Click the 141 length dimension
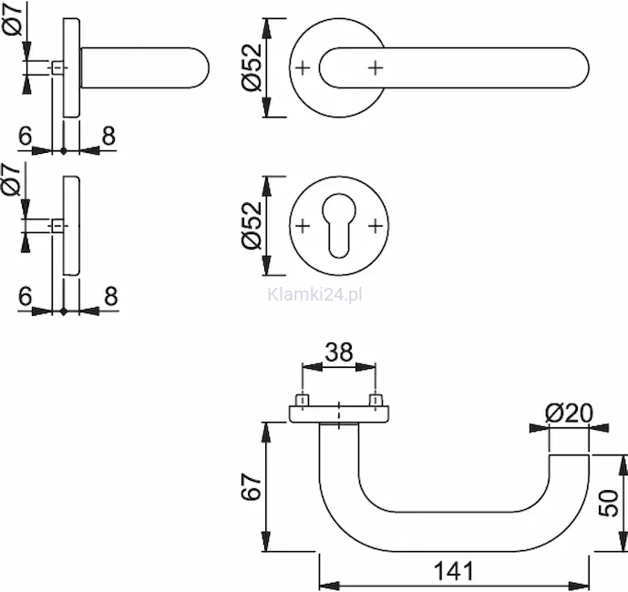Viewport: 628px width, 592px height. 454,570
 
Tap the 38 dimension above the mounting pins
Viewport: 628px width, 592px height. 339,352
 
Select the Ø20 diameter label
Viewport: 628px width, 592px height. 569,413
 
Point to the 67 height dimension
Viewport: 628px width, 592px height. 252,486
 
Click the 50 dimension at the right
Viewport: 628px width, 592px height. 608,503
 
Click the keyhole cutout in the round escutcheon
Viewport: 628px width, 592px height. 338,225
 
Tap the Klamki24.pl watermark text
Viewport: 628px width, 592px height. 314,295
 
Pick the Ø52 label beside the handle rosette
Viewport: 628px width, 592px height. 252,67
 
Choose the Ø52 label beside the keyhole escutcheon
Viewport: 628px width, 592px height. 252,226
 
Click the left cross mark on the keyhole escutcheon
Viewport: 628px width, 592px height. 303,226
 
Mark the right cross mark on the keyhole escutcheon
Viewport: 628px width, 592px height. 376,226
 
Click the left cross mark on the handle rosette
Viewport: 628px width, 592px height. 303,67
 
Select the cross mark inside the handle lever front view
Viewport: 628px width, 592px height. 376,67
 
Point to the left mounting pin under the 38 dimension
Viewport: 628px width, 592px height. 302,400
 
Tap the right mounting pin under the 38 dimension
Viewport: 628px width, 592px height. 376,400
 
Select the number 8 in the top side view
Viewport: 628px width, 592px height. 108,136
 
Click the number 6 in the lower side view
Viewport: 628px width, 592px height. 25,297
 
